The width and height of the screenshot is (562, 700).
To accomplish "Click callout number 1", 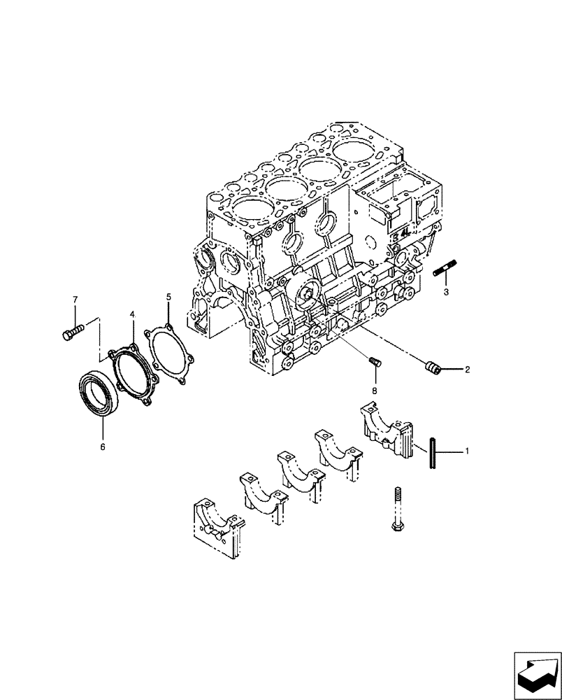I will point(467,452).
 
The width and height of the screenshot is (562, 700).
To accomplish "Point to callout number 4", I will point(131,316).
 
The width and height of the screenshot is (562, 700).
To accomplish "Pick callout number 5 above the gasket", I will point(168,297).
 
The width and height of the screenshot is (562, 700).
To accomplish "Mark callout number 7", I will point(75,300).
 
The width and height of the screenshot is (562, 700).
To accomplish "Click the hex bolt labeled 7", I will point(71,332).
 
